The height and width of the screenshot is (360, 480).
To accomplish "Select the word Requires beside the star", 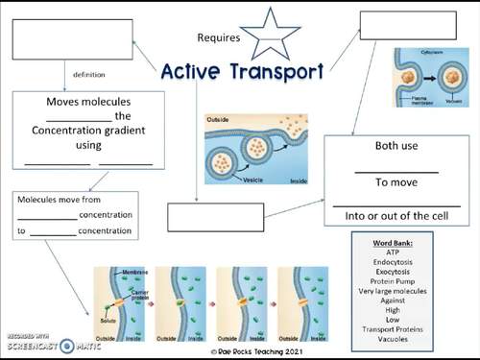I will click(219, 38).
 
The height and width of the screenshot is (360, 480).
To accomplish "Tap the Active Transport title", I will click(242, 70).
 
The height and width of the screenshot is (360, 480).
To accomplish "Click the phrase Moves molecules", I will click(88, 101).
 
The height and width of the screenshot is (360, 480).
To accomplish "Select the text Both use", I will click(396, 149).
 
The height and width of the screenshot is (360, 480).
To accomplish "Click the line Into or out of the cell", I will click(396, 216).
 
